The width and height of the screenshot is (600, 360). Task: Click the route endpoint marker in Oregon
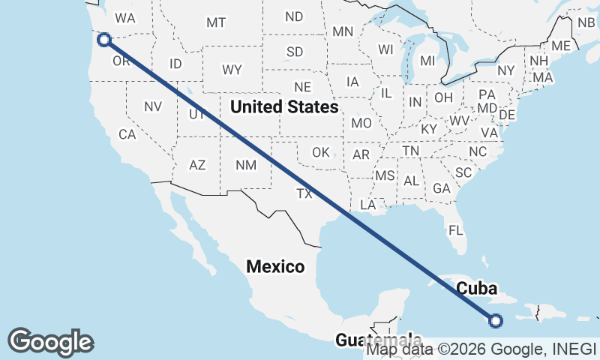point(104,40)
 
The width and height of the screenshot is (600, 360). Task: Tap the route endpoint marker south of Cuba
point(495,321)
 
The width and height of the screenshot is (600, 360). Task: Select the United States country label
point(284,107)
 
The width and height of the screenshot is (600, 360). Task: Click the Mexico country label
point(276,266)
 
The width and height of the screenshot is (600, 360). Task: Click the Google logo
point(50,341)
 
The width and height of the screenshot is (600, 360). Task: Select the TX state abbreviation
point(304,193)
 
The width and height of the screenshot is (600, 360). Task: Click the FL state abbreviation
point(456,230)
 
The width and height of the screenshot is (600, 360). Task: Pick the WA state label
point(125,17)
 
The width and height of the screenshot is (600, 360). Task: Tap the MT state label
point(216,23)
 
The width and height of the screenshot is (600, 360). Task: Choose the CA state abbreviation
point(127,135)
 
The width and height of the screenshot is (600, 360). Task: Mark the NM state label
point(245,165)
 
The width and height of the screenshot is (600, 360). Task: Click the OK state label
point(321,152)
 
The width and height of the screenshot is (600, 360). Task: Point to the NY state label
point(506,70)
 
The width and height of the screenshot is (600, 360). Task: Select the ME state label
point(560,46)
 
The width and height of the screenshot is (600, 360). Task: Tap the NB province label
point(586,22)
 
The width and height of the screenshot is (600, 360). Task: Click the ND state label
point(294,16)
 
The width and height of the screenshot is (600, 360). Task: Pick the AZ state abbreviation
point(197,165)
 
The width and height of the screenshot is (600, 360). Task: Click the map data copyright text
point(483,349)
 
